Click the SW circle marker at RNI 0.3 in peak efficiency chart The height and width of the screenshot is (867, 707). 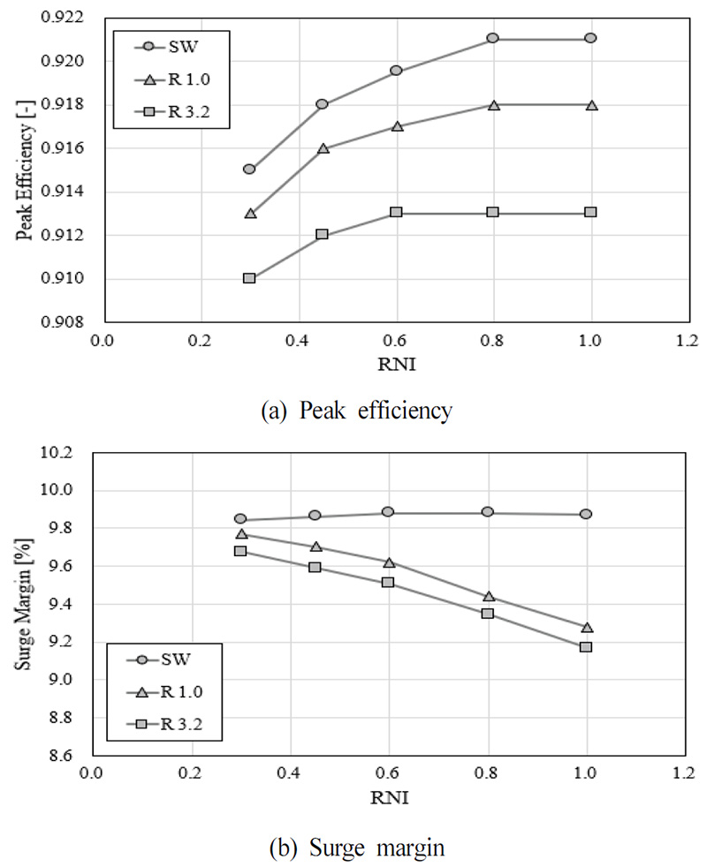pos(249,169)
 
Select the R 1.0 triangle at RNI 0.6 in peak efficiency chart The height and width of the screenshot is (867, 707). pos(397,126)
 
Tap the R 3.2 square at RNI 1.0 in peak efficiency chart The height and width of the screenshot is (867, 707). pos(590,212)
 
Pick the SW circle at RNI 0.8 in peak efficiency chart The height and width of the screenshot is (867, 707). pos(493,39)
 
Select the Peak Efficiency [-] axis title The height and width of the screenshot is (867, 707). pos(26,168)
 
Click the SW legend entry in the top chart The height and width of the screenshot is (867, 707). pos(168,48)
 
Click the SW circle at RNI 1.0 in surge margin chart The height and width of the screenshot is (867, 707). pos(585,514)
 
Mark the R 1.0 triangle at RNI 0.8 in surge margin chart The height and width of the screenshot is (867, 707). pos(489,597)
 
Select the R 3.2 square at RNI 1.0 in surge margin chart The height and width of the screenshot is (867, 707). pos(585,647)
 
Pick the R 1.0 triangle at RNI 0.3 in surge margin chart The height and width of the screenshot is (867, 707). pos(240,533)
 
